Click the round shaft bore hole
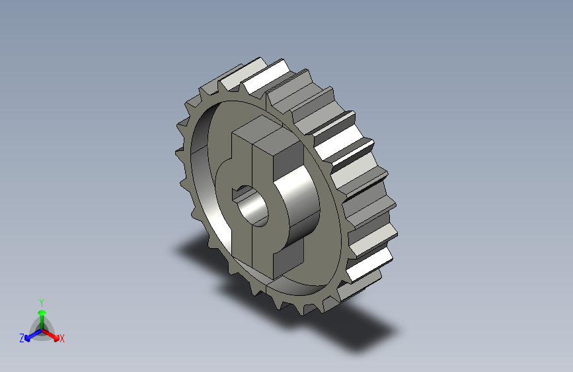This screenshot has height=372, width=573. tap(252, 207)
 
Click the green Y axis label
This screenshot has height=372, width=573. tap(42, 302)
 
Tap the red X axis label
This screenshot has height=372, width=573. tap(61, 339)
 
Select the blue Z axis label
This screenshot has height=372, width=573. tap(22, 338)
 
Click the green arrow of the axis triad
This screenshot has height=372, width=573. tap(42, 319)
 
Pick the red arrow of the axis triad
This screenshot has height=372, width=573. tap(50, 335)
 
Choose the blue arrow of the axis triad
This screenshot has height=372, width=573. tap(33, 335)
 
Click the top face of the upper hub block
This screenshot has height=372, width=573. tap(268, 132)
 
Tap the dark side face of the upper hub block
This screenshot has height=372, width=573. tap(289, 161)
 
